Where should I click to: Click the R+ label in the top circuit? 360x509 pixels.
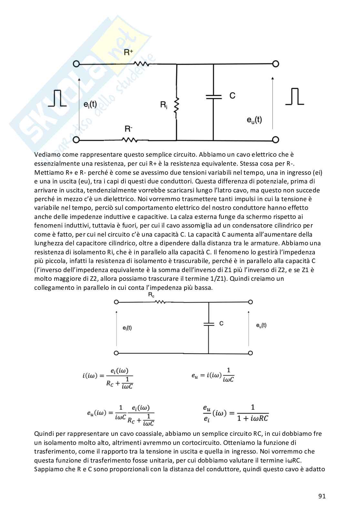(x=128, y=52)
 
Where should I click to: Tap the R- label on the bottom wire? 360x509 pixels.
(x=128, y=129)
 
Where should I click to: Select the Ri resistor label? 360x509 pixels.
(x=164, y=105)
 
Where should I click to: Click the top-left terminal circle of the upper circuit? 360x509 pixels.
(x=76, y=64)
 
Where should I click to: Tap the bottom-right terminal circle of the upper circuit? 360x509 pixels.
(x=275, y=140)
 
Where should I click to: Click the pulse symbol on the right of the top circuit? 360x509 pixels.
(x=295, y=96)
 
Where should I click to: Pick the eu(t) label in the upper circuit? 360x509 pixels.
(x=254, y=120)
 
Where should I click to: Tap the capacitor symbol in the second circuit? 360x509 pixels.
(x=209, y=324)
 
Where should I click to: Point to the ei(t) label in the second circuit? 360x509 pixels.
(x=127, y=328)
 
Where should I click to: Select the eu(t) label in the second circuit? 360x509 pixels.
(x=261, y=325)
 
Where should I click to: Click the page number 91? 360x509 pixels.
(x=322, y=496)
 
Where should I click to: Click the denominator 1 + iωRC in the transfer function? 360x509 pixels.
(x=253, y=418)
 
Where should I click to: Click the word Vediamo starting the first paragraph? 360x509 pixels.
(x=47, y=155)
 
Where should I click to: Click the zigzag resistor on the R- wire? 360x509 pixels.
(x=130, y=140)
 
